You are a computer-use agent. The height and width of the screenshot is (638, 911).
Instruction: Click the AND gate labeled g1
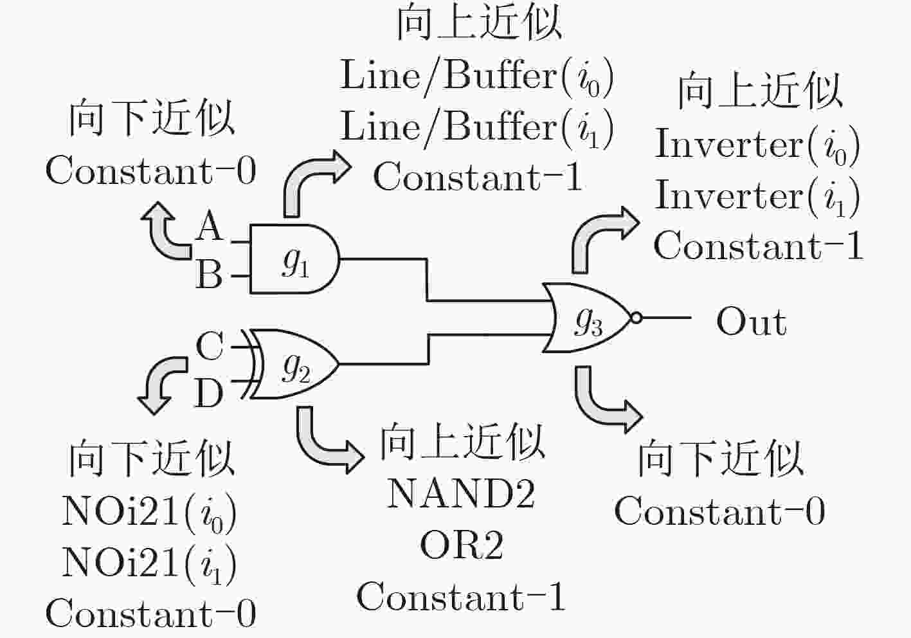(x=294, y=259)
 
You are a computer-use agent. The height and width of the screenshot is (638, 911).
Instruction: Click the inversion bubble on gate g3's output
(x=636, y=317)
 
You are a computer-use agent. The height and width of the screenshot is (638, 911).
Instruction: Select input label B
(x=209, y=274)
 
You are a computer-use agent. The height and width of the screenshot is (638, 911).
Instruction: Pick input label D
(x=209, y=393)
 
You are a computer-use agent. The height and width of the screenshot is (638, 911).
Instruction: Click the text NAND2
(x=461, y=493)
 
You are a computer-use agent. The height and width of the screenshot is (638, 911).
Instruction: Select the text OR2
(x=461, y=545)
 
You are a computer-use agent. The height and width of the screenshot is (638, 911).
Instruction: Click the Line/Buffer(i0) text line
(x=476, y=77)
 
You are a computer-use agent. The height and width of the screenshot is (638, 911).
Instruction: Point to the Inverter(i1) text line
(x=757, y=196)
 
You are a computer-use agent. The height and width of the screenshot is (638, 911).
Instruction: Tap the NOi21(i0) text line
(x=149, y=513)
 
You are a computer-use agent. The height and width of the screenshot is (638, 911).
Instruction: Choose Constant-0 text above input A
(x=150, y=170)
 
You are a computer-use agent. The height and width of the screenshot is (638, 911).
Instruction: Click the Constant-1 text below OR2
(x=461, y=596)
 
